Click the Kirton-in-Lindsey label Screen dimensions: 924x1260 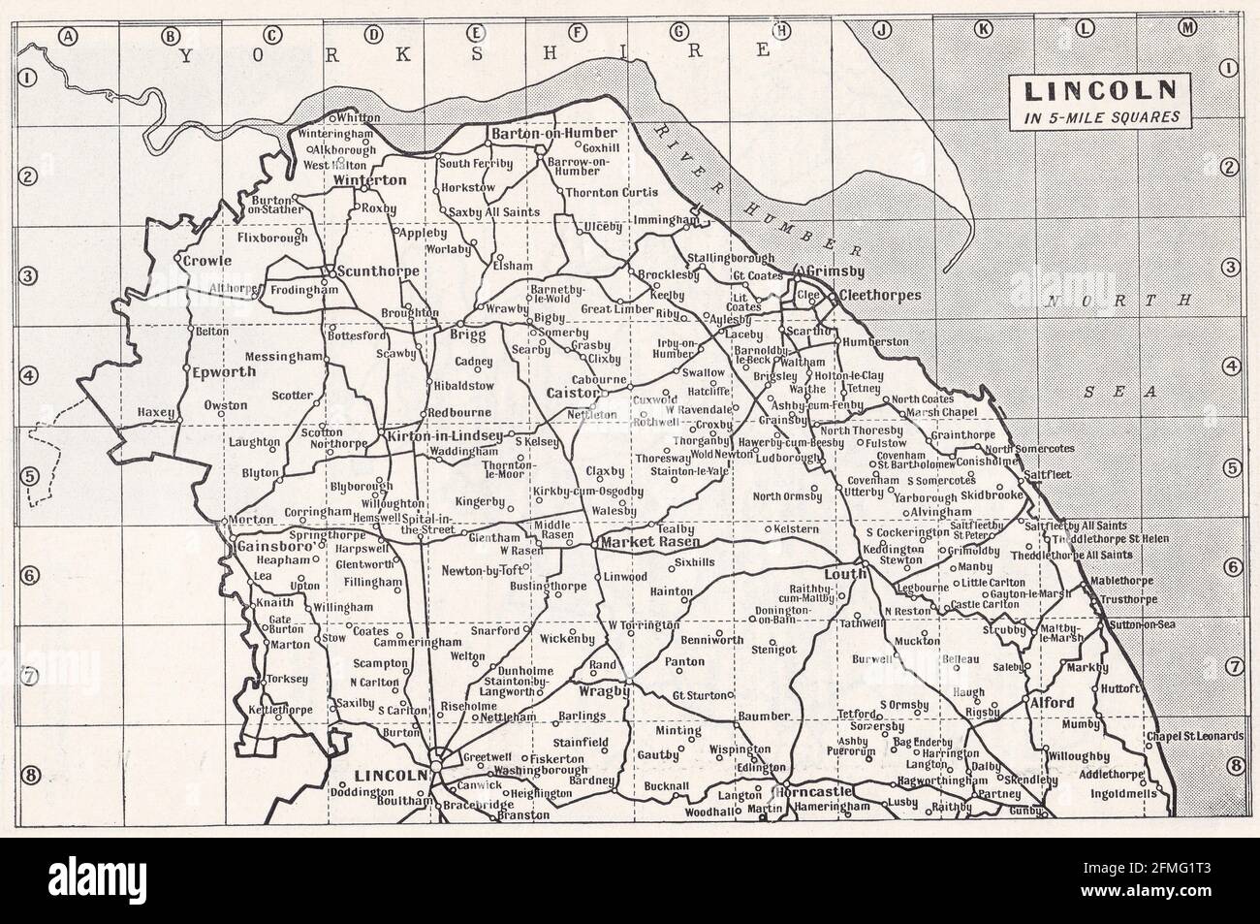pyautogui.click(x=444, y=437)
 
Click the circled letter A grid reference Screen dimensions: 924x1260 pyautogui.click(x=68, y=37)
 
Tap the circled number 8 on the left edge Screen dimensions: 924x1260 pyautogui.click(x=30, y=775)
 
